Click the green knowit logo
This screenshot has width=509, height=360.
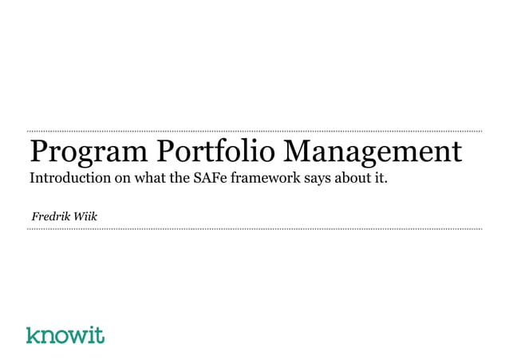(65, 334)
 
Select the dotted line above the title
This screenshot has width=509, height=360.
(254, 130)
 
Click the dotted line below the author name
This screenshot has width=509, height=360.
(254, 229)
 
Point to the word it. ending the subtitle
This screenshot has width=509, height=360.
(379, 176)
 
